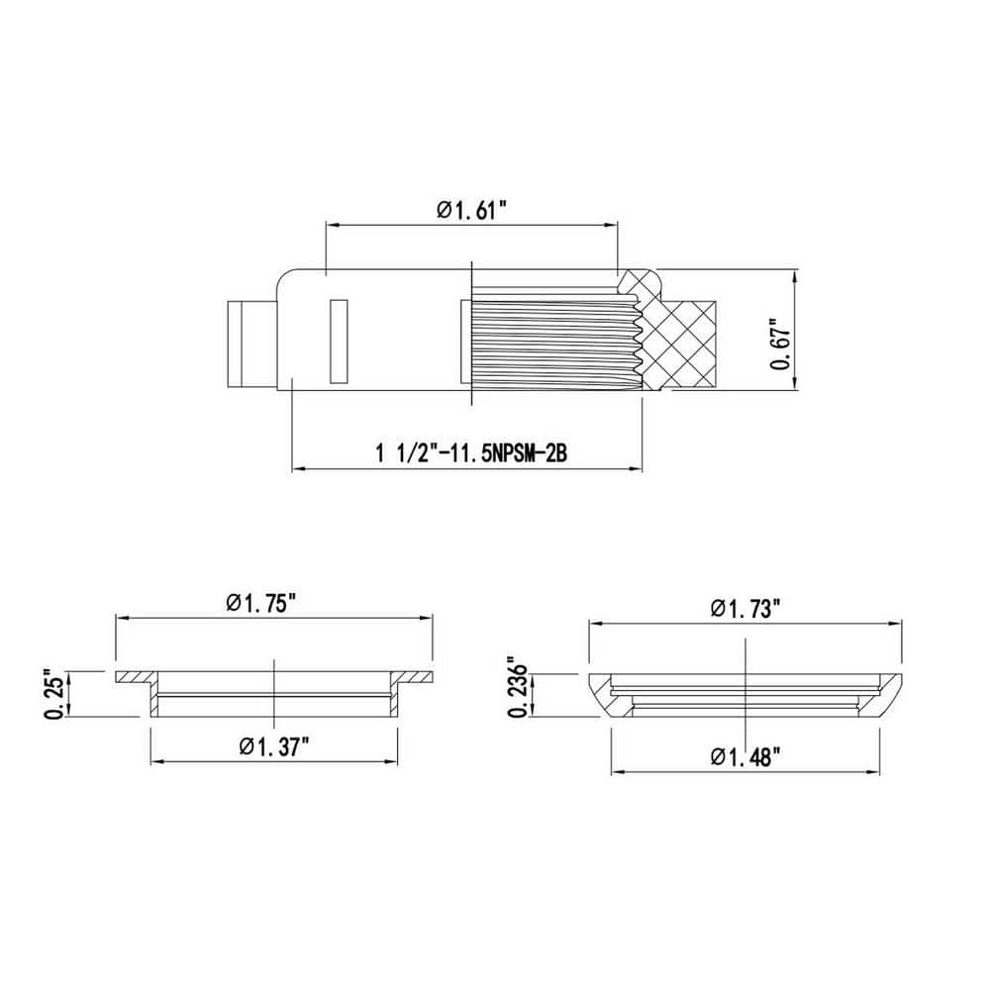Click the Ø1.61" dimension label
472,210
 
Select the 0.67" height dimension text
781,347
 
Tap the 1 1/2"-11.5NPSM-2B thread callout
471,452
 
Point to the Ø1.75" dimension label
261,604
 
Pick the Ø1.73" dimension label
745,609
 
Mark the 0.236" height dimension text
519,690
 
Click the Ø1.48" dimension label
745,755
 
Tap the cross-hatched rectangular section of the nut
688,342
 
